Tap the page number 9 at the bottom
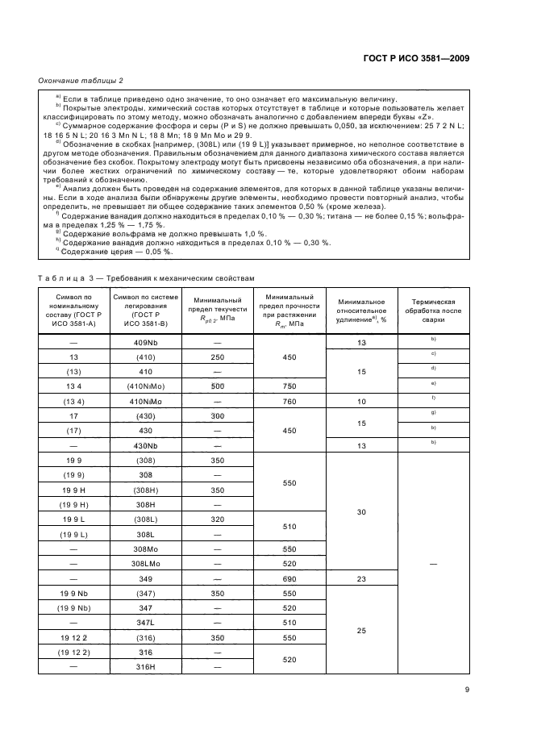(x=467, y=689)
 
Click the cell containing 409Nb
(x=146, y=343)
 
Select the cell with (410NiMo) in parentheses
(x=146, y=386)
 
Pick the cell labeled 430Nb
(x=146, y=444)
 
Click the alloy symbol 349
(x=146, y=580)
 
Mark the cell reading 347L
(x=146, y=623)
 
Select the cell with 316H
(x=146, y=666)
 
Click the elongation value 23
(x=361, y=580)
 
